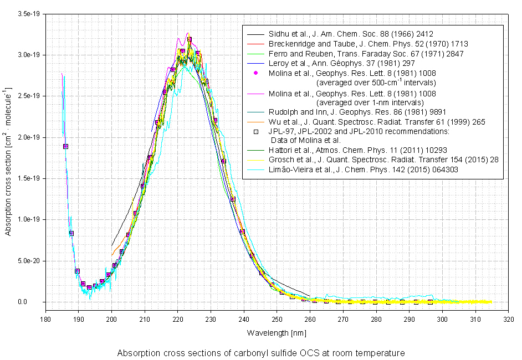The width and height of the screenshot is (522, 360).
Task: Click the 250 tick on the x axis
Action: [x=277, y=319]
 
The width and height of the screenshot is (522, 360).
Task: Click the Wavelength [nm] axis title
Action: [x=277, y=333]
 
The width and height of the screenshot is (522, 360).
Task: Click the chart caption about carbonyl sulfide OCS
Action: [x=261, y=353]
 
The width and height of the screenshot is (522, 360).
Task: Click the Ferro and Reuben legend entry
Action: [x=366, y=54]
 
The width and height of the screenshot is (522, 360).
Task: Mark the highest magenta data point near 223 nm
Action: [x=190, y=39]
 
